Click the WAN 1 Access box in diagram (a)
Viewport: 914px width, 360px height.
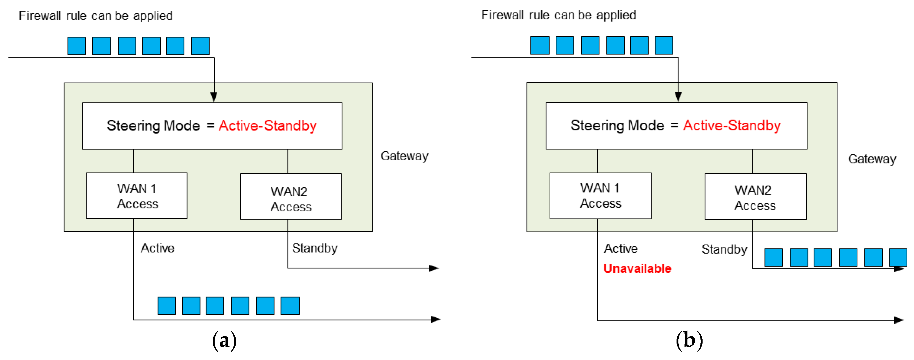pos(137,196)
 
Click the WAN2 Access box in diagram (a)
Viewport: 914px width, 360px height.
pos(291,197)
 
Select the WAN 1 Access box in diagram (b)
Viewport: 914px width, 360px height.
pos(600,196)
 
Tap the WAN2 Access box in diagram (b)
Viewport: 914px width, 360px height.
pos(755,197)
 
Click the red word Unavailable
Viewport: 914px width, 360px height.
pos(637,268)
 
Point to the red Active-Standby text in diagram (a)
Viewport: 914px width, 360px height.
pos(267,126)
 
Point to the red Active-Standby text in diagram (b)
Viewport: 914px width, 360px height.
pos(732,126)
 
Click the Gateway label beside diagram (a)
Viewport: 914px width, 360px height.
pos(405,156)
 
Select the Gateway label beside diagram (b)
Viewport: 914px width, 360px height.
pos(872,159)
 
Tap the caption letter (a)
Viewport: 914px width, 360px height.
pos(224,341)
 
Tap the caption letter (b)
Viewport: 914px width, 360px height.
pos(689,341)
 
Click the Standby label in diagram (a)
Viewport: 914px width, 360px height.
pos(315,248)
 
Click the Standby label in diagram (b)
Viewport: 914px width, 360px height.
pos(724,249)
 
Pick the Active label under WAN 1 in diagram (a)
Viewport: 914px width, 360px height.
pos(157,248)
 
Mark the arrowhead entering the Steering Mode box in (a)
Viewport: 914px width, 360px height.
pos(214,97)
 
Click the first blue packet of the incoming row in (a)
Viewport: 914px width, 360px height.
pos(77,46)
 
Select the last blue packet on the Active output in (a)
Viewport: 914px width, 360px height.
pos(290,306)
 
